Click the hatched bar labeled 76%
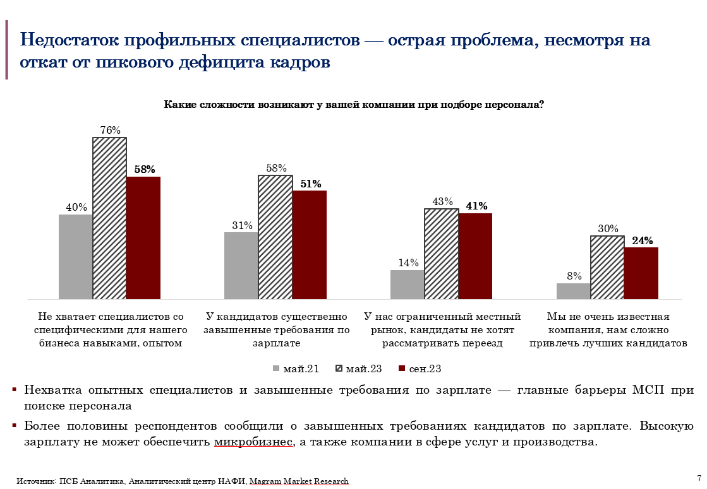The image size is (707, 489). pos(110,218)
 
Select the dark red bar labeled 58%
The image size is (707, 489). pos(143,237)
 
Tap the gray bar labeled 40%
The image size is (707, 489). pos(76,256)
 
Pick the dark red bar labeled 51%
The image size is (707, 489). pos(310,244)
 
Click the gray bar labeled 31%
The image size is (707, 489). pos(241,265)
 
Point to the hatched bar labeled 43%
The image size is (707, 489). pos(441,253)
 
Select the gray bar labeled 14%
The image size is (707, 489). pos(407,284)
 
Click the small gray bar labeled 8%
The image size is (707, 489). pos(573,291)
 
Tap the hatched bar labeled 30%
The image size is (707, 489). pos(607,267)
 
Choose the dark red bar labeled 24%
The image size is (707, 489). pos(641,273)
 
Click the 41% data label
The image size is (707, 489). pos(476,206)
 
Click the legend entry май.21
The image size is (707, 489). pos(294,368)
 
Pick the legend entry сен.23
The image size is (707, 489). pos(420,368)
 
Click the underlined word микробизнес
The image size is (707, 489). pos(253,442)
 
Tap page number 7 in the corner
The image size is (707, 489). pos(699,477)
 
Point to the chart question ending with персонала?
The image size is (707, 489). pos(354,105)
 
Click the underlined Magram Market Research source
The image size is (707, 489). pos(299,481)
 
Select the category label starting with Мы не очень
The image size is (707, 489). pos(608,330)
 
